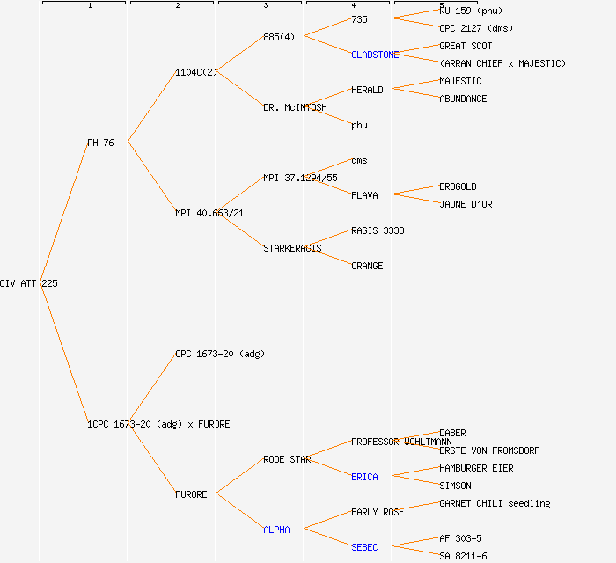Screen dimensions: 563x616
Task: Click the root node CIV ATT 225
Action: point(29,283)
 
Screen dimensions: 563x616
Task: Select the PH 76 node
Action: point(100,143)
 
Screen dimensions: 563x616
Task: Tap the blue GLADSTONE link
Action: point(375,55)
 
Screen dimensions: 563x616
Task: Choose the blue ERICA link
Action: point(364,477)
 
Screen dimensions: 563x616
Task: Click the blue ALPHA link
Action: point(276,530)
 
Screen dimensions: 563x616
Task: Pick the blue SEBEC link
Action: point(364,547)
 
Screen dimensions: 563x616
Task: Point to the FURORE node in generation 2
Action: point(191,494)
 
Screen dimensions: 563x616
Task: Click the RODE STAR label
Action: point(287,459)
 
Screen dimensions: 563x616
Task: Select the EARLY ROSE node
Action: point(378,512)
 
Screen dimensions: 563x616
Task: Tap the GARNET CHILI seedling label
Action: point(495,503)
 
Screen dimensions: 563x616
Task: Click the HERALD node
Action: point(367,90)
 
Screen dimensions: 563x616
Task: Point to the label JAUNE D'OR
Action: point(466,204)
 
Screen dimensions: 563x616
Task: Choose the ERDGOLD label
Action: point(458,186)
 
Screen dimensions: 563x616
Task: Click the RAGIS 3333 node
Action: point(378,230)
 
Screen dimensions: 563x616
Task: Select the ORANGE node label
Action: point(367,266)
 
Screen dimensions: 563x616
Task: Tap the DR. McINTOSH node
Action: point(295,107)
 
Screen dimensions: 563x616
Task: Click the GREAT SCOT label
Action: point(466,46)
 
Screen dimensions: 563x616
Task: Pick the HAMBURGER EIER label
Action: point(476,468)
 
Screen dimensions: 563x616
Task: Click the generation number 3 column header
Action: point(265,6)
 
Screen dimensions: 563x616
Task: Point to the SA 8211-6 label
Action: point(463,556)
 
